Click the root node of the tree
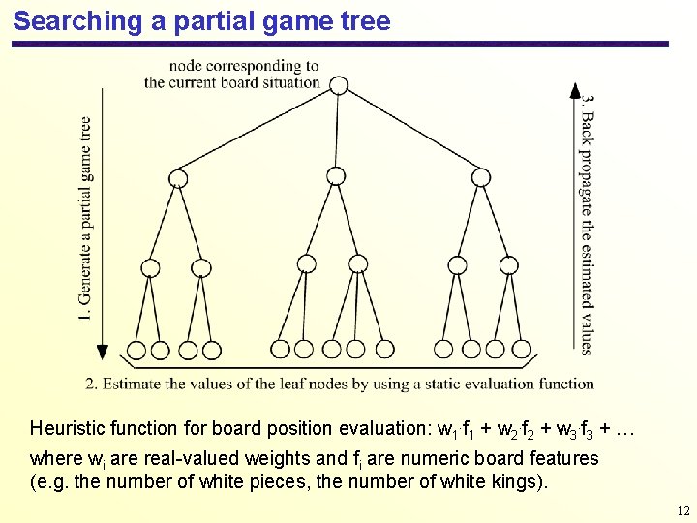(x=338, y=85)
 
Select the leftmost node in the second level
(x=178, y=177)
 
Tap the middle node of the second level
(x=336, y=175)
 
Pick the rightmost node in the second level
(x=480, y=176)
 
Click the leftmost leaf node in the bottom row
(x=136, y=350)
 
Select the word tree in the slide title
(x=364, y=21)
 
